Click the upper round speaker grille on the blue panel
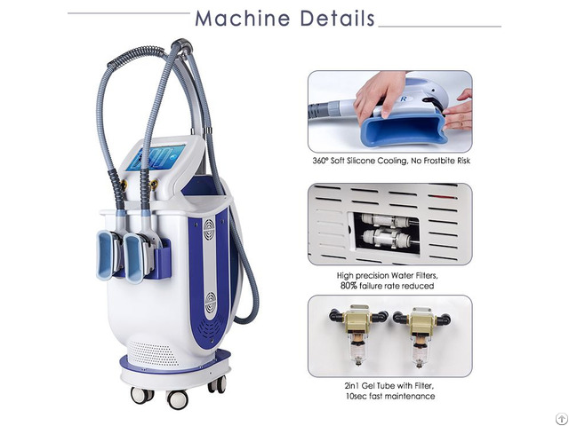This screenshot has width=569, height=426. [209, 230]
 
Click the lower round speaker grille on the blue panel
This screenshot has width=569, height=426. [211, 303]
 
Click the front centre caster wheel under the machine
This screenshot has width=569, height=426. [178, 399]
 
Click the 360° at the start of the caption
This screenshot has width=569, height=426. [320, 161]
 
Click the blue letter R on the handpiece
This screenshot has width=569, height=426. [404, 99]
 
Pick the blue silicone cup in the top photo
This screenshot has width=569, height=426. [403, 129]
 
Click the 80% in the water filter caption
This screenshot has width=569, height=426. [349, 286]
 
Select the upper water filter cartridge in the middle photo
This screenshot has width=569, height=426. [385, 221]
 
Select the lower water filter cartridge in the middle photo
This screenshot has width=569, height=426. [386, 238]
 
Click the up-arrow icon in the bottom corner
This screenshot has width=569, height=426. [562, 419]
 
